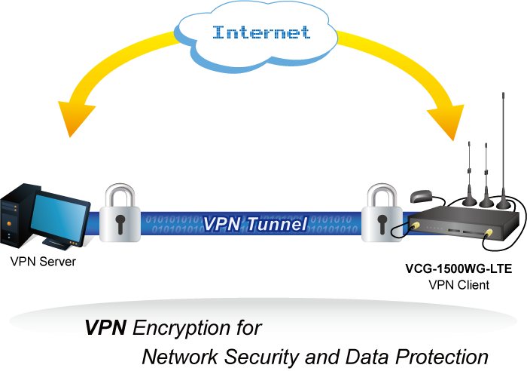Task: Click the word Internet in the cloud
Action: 261,32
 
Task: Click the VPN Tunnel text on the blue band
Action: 254,224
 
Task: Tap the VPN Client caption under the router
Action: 458,284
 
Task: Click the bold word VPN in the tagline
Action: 106,328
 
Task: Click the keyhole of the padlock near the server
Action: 120,223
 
